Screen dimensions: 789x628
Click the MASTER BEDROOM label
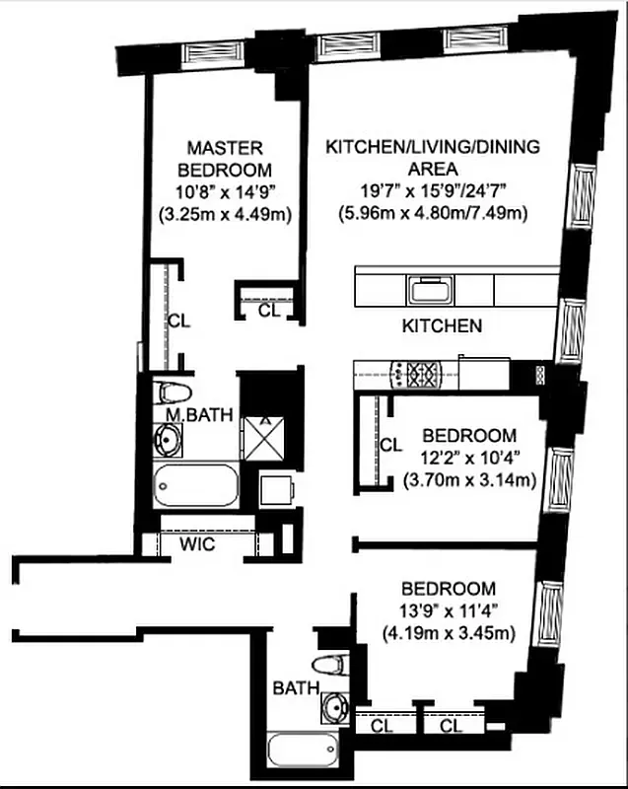pyautogui.click(x=225, y=159)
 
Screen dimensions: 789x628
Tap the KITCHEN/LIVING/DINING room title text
pyautogui.click(x=433, y=158)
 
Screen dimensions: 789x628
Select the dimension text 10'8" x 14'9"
pyautogui.click(x=225, y=192)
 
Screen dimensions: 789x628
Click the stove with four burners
pyautogui.click(x=423, y=374)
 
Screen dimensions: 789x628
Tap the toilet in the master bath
pyautogui.click(x=174, y=392)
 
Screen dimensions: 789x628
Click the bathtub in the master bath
pyautogui.click(x=196, y=485)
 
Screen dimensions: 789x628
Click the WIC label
pyautogui.click(x=197, y=544)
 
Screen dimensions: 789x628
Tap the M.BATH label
pyautogui.click(x=198, y=415)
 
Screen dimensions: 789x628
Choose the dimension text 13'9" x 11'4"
pyautogui.click(x=454, y=612)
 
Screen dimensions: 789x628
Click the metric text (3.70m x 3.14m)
pyautogui.click(x=469, y=480)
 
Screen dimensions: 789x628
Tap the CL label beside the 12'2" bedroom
pyautogui.click(x=390, y=445)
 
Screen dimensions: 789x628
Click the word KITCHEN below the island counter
pyautogui.click(x=442, y=325)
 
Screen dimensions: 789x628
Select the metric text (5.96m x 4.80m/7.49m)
pyautogui.click(x=434, y=212)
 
